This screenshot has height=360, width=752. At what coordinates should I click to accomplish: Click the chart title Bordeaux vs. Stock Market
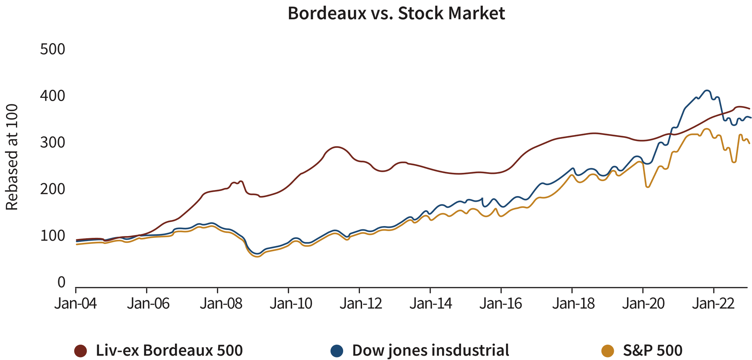[396, 14]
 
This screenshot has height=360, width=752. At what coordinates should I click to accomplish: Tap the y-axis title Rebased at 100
[12, 157]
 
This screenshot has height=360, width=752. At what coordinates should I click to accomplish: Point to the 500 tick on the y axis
[52, 49]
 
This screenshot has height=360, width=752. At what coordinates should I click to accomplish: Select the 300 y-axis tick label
[52, 143]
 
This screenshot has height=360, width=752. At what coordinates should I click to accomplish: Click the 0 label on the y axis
[61, 282]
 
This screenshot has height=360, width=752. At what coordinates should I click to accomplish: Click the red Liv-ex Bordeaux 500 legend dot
[81, 351]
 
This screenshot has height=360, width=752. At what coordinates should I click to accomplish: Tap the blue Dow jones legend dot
[337, 351]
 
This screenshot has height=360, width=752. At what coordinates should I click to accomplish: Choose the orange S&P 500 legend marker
[608, 351]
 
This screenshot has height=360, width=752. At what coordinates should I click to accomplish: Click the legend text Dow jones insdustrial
[431, 350]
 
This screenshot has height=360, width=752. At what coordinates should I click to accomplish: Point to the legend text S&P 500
[653, 350]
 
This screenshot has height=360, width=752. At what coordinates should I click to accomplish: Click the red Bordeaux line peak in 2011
[336, 147]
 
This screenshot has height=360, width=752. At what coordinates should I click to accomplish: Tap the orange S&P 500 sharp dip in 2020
[647, 187]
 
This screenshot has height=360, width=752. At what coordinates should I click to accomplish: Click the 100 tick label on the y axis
[52, 236]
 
